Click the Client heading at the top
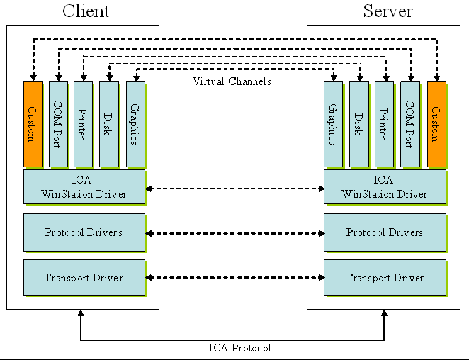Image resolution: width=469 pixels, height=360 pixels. (86, 11)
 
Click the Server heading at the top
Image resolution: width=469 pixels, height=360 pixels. (388, 11)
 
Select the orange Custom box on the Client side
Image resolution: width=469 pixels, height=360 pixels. (33, 124)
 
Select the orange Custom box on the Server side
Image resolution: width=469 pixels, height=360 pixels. (436, 124)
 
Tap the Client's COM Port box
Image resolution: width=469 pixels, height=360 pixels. (58, 124)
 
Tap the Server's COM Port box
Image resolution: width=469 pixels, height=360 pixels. (409, 124)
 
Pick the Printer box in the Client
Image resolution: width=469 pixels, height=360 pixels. (83, 124)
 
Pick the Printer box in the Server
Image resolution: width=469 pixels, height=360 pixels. (384, 124)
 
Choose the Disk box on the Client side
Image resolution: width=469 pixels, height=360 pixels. (108, 124)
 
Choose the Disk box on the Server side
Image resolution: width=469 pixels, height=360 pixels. (358, 124)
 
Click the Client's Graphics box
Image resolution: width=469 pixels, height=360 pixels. (135, 124)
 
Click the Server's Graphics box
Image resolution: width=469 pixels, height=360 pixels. (333, 124)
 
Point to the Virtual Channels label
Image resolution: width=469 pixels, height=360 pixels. (232, 81)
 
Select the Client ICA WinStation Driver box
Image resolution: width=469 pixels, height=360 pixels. (84, 187)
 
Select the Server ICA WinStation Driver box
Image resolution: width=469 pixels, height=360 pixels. (385, 187)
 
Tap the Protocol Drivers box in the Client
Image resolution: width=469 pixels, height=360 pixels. (84, 232)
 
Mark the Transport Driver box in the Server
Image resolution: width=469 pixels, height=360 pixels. (385, 277)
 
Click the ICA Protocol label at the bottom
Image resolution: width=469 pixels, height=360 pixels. (239, 348)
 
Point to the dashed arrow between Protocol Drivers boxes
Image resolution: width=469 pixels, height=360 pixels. (234, 232)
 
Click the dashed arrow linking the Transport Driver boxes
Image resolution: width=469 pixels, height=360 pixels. (234, 278)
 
